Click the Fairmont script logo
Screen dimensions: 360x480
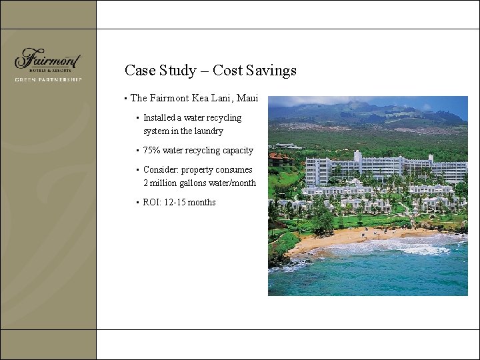coord(47,59)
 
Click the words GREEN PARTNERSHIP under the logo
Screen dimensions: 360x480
coord(48,79)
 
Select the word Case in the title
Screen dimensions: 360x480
coord(140,71)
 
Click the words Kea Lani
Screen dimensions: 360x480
coord(210,99)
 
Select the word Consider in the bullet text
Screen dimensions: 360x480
coord(160,170)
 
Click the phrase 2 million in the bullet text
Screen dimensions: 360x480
coord(160,183)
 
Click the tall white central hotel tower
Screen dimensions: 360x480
coord(359,166)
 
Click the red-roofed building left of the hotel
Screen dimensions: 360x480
coord(280,159)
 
